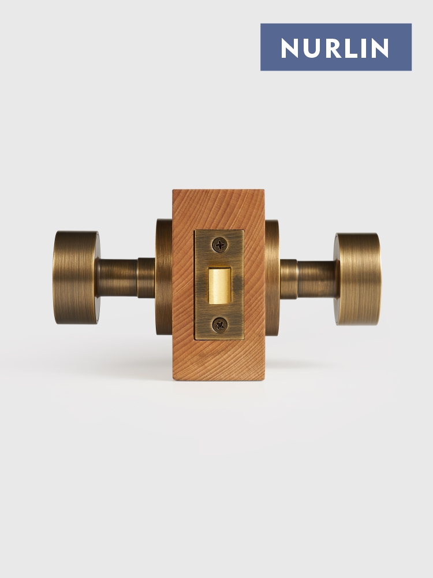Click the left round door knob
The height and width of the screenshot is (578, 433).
76,277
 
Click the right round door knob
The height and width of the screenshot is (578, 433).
357,279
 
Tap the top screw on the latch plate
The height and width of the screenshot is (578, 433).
220,244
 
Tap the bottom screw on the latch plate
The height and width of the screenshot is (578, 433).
220,325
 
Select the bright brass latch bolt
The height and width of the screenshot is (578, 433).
220,286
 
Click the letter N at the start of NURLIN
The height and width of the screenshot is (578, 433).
289,48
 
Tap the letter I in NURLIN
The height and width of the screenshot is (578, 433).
364,48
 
